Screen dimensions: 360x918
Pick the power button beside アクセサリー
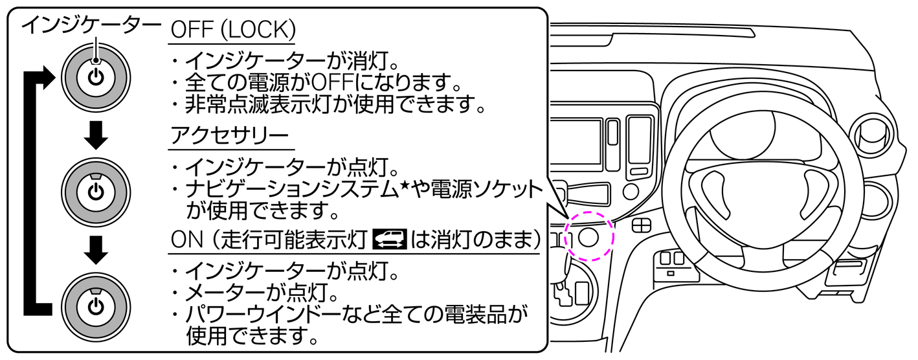click(x=96, y=191)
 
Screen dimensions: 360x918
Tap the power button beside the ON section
click(x=96, y=306)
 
